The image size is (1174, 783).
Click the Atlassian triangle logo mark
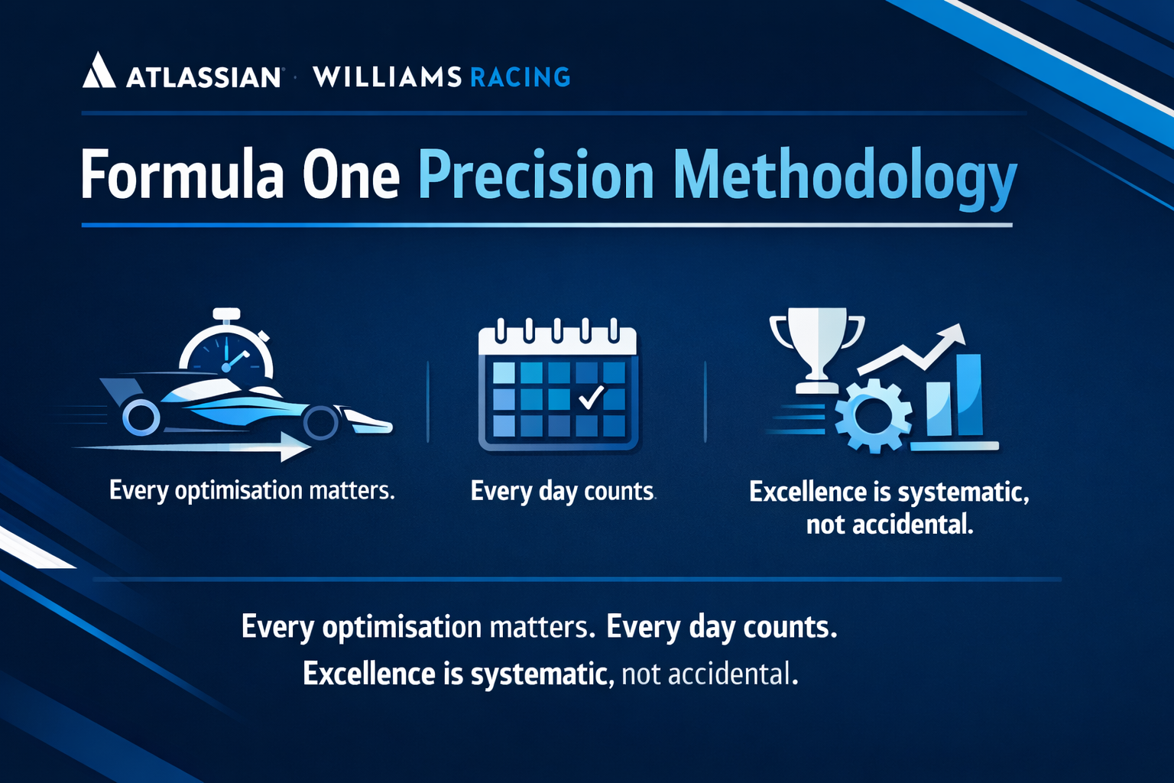(99, 70)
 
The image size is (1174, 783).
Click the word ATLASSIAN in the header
(203, 77)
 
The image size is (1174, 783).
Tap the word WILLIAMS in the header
(387, 77)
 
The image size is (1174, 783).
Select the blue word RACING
(520, 77)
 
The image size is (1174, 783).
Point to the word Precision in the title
(535, 176)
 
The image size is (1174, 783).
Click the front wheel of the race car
(320, 421)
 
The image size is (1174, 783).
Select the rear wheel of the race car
(141, 417)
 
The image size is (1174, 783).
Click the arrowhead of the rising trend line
(954, 334)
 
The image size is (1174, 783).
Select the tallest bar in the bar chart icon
(969, 395)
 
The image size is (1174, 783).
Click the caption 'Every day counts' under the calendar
(563, 491)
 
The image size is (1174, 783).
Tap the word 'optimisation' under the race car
(238, 490)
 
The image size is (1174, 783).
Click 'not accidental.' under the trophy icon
(890, 525)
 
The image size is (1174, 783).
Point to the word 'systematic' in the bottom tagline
(539, 674)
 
